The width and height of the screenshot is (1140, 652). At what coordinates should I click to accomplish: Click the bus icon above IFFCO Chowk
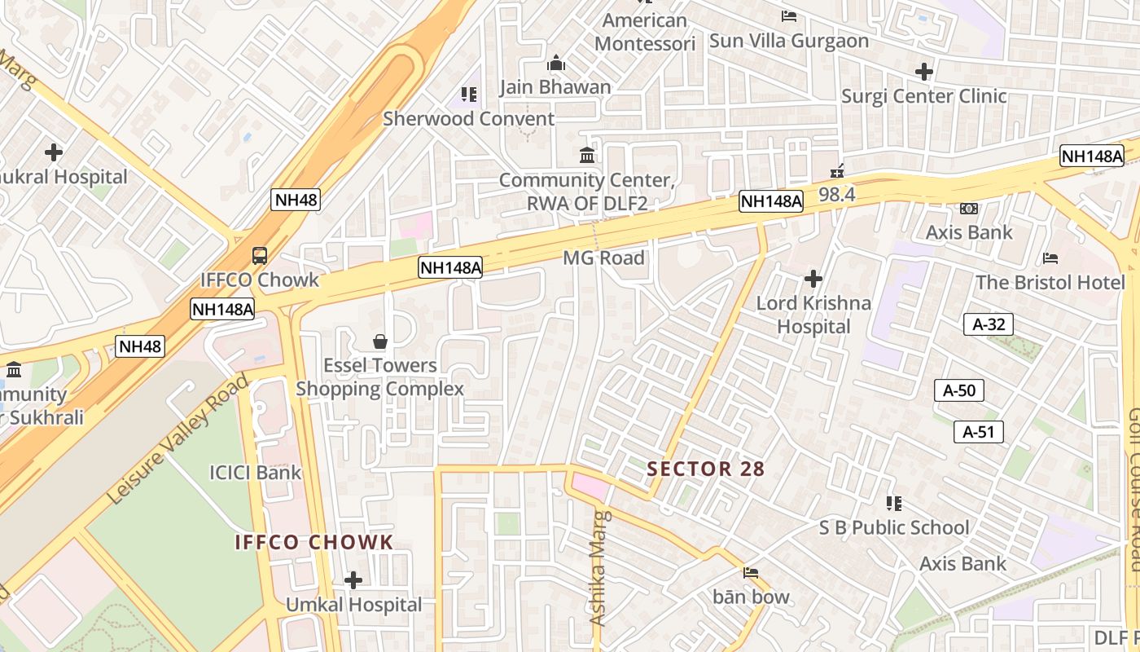[260, 255]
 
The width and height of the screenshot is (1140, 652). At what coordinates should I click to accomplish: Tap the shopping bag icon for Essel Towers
[379, 341]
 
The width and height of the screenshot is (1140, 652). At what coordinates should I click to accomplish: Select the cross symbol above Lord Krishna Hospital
[813, 279]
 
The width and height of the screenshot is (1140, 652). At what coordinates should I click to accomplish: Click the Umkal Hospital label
[353, 605]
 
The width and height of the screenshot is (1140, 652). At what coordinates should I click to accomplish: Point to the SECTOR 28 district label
[706, 469]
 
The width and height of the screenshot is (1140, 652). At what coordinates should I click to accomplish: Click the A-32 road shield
[989, 324]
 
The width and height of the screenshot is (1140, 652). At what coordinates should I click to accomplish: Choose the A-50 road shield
[958, 390]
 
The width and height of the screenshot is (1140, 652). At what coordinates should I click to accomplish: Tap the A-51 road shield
[978, 432]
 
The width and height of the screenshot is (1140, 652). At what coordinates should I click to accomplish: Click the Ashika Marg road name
[599, 568]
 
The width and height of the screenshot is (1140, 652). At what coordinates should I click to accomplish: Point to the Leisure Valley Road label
[177, 440]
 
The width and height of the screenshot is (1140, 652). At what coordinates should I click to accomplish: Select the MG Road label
[603, 258]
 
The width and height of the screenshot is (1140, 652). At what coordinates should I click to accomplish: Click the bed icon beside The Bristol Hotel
[1050, 258]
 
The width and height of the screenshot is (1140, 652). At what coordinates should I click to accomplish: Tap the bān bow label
[751, 597]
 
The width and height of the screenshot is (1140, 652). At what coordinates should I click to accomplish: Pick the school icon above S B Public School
[894, 503]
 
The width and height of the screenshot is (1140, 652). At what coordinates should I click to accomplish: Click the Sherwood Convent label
[468, 119]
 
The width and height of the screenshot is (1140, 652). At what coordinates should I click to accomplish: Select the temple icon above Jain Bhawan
[556, 63]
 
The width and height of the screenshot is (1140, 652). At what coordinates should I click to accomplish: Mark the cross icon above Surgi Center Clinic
[923, 72]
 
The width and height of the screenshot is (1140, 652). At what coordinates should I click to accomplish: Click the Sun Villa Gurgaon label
[788, 41]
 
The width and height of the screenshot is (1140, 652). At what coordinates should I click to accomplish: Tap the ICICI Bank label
[255, 473]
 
